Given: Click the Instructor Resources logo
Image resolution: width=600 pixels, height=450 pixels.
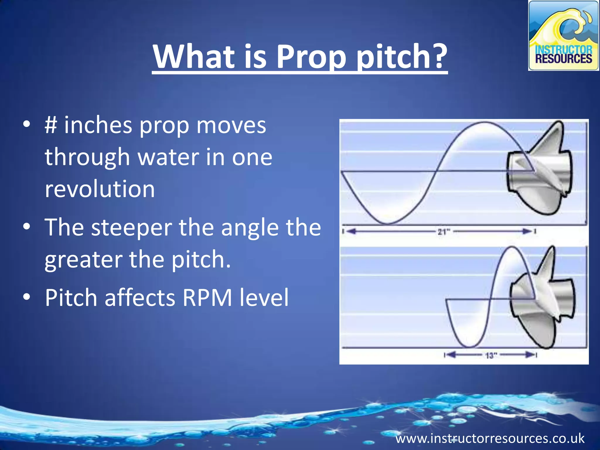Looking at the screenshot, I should [563, 35].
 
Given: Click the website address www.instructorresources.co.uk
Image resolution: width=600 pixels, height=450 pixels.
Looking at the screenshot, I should [490, 439].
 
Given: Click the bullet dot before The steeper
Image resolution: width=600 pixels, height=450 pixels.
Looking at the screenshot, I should [26, 227].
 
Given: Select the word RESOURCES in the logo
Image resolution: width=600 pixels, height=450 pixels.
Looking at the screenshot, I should [563, 59].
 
